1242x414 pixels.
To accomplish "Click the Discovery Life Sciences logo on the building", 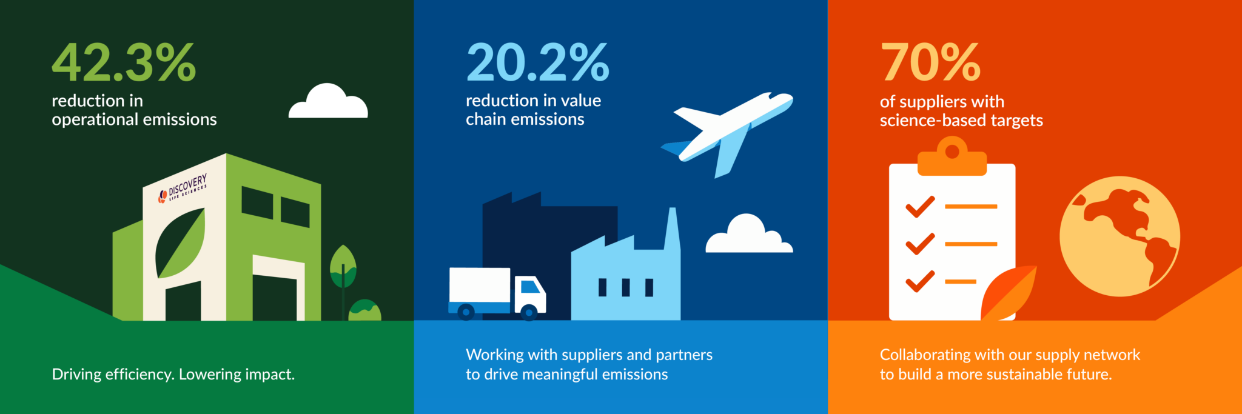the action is [183, 187].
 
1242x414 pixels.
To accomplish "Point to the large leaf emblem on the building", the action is [180, 242].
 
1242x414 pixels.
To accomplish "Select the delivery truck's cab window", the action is [530, 285].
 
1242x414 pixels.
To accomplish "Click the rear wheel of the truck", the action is [466, 312].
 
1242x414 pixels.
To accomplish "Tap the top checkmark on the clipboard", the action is [920, 207].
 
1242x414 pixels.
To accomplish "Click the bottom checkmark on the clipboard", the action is [920, 281].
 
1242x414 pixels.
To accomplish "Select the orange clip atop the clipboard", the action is [952, 156].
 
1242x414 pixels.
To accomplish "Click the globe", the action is [1119, 236].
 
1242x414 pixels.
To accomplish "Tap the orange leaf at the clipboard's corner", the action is [1008, 293].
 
